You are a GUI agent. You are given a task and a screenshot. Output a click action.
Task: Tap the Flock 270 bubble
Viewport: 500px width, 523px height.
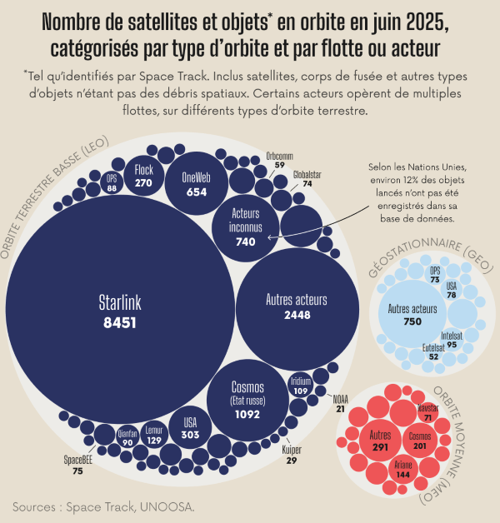(143, 176)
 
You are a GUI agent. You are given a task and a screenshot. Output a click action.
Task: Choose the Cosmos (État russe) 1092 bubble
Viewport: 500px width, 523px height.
(247, 399)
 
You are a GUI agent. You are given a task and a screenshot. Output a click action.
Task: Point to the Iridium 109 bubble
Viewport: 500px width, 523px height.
(301, 386)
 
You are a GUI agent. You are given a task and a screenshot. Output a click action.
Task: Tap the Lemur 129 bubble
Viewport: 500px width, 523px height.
(154, 435)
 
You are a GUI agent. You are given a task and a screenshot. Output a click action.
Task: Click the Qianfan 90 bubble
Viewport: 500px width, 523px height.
(127, 437)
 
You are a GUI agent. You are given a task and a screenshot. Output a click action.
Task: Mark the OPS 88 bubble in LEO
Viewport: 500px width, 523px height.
(112, 183)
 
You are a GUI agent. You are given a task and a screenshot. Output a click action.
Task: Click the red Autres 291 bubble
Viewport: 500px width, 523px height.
(380, 441)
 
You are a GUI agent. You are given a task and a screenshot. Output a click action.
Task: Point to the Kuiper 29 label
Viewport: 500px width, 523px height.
(292, 455)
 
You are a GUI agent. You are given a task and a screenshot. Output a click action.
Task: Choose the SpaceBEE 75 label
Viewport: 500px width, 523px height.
(77, 466)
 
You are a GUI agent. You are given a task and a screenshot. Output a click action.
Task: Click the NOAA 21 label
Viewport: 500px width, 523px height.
(340, 403)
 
